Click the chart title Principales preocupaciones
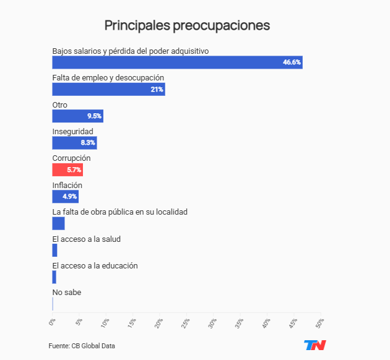point(187,25)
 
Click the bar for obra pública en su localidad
point(58,223)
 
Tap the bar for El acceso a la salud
point(54,251)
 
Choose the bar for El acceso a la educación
point(54,277)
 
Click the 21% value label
point(157,89)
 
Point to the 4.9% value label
point(69,197)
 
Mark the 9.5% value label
point(94,116)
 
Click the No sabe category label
point(66,292)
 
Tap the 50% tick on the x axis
point(319,324)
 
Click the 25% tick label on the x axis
point(185,324)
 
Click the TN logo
point(314,345)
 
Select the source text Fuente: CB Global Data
point(82,346)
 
